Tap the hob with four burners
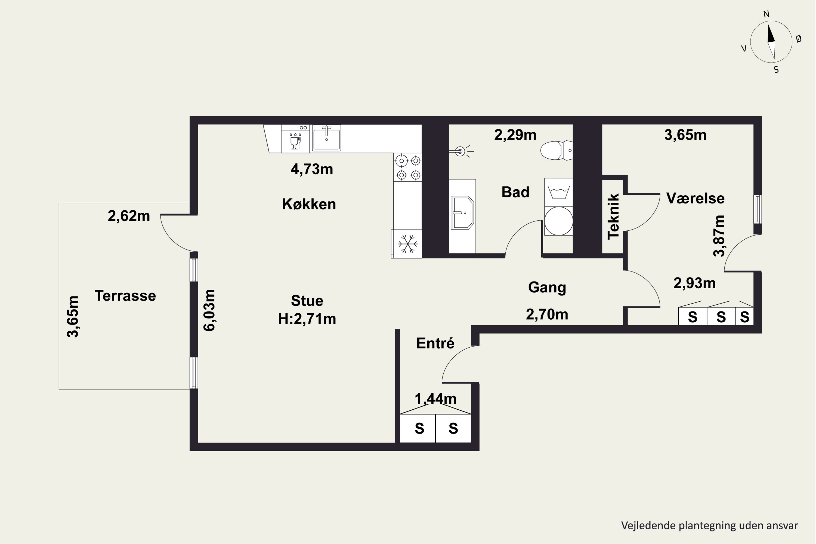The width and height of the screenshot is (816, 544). tap(408, 167)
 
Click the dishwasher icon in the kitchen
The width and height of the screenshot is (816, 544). tap(295, 139)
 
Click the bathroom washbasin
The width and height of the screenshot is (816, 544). tap(462, 213)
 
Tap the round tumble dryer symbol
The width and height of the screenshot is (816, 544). tap(559, 221)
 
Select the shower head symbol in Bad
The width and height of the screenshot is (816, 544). tap(461, 151)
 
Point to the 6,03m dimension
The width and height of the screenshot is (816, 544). tap(209, 310)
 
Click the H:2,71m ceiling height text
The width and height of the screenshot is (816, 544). tap(307, 319)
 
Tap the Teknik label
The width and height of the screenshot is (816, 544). tap(613, 216)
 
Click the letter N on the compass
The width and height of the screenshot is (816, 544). tap(766, 14)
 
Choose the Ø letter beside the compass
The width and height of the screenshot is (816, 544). tap(798, 39)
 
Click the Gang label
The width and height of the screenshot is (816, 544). tap(547, 288)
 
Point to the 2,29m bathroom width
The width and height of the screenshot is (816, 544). tap(515, 135)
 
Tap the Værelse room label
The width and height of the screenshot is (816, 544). tap(695, 198)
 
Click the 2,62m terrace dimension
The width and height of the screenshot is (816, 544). tap(129, 216)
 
